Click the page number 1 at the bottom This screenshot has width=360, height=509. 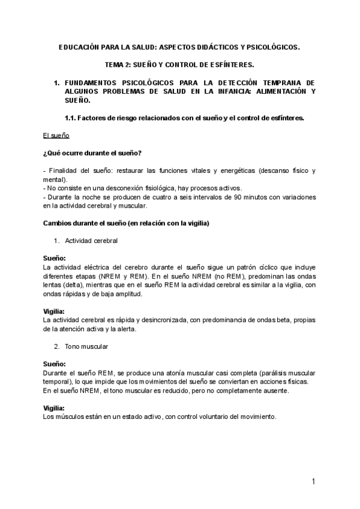pos(313,482)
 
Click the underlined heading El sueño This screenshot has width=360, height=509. pos(57,136)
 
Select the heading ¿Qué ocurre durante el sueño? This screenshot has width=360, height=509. pos(92,153)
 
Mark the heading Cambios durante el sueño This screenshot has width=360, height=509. pos(126,223)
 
